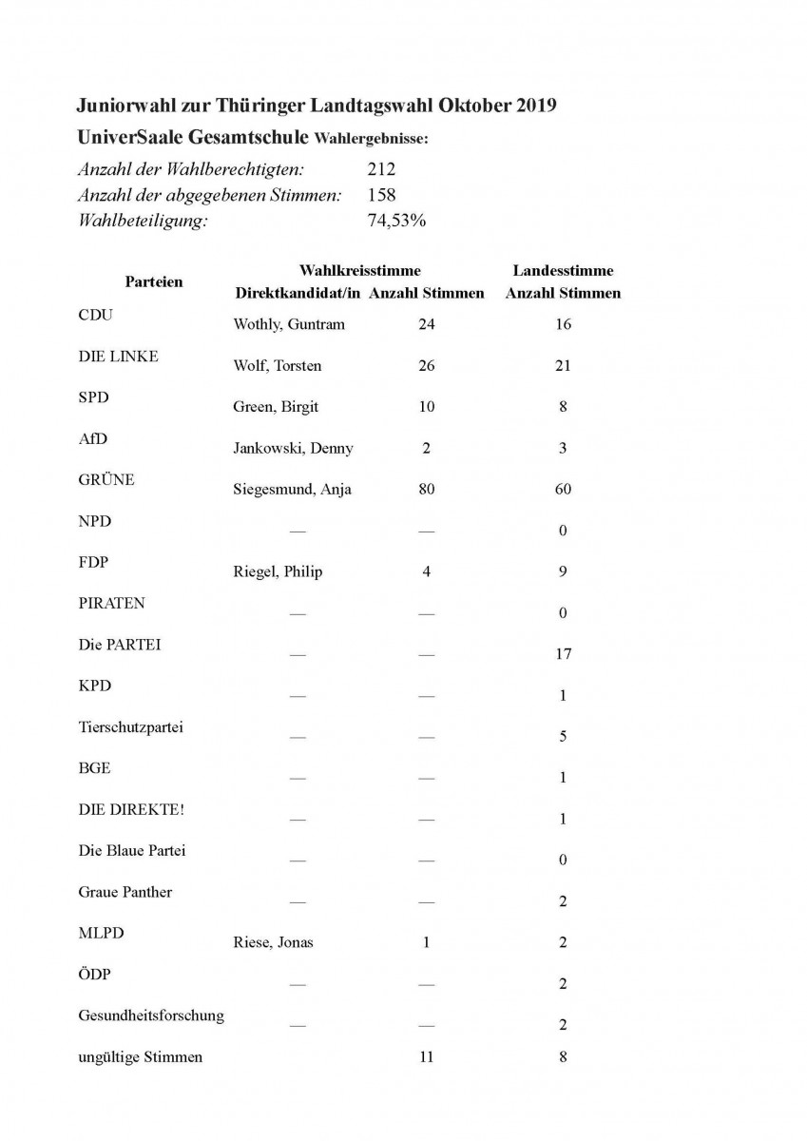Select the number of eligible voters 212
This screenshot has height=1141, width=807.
(381, 170)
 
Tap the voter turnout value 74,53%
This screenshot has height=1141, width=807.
(396, 222)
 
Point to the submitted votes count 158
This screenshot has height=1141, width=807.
(381, 196)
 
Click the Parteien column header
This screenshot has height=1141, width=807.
(154, 281)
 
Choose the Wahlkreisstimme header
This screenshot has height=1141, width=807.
(359, 271)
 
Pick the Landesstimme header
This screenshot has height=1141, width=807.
(563, 271)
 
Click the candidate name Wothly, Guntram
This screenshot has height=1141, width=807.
(289, 324)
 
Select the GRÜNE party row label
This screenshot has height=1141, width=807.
(106, 480)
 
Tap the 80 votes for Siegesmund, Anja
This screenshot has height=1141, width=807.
(426, 490)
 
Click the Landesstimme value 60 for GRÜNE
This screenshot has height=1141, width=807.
(563, 490)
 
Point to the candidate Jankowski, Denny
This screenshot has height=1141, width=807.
(294, 448)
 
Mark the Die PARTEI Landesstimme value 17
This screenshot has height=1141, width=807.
(563, 654)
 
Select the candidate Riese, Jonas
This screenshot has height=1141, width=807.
(273, 942)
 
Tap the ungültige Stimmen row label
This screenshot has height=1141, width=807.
(140, 1056)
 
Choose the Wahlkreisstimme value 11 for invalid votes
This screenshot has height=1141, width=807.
(426, 1056)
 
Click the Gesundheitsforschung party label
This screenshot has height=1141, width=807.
(151, 1015)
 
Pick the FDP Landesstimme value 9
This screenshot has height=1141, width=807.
(563, 571)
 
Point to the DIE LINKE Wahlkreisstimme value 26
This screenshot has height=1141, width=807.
(426, 366)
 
